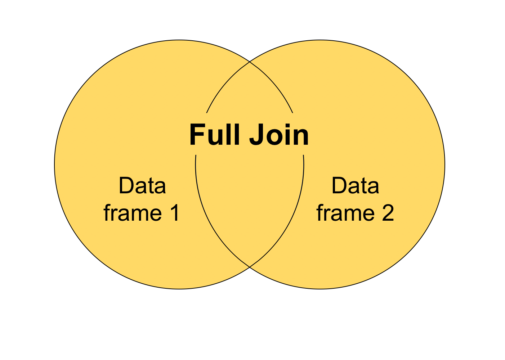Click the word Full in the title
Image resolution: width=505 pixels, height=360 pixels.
[215, 135]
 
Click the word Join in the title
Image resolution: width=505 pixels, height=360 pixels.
[279, 135]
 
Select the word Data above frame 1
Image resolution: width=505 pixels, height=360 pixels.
[142, 186]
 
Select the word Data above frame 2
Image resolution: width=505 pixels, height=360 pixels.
[355, 186]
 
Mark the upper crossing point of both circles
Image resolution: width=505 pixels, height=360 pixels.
[250, 62]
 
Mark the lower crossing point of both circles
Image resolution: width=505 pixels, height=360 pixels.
[250, 267]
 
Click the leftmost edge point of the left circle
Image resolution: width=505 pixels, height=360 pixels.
[54, 165]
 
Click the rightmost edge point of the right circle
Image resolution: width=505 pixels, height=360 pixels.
[445, 165]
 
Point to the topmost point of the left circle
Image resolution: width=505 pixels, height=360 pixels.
[179, 40]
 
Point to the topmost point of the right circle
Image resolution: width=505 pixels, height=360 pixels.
[320, 40]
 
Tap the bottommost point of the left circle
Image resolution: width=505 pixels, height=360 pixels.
[179, 289]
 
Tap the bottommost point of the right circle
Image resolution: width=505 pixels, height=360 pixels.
[320, 289]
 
